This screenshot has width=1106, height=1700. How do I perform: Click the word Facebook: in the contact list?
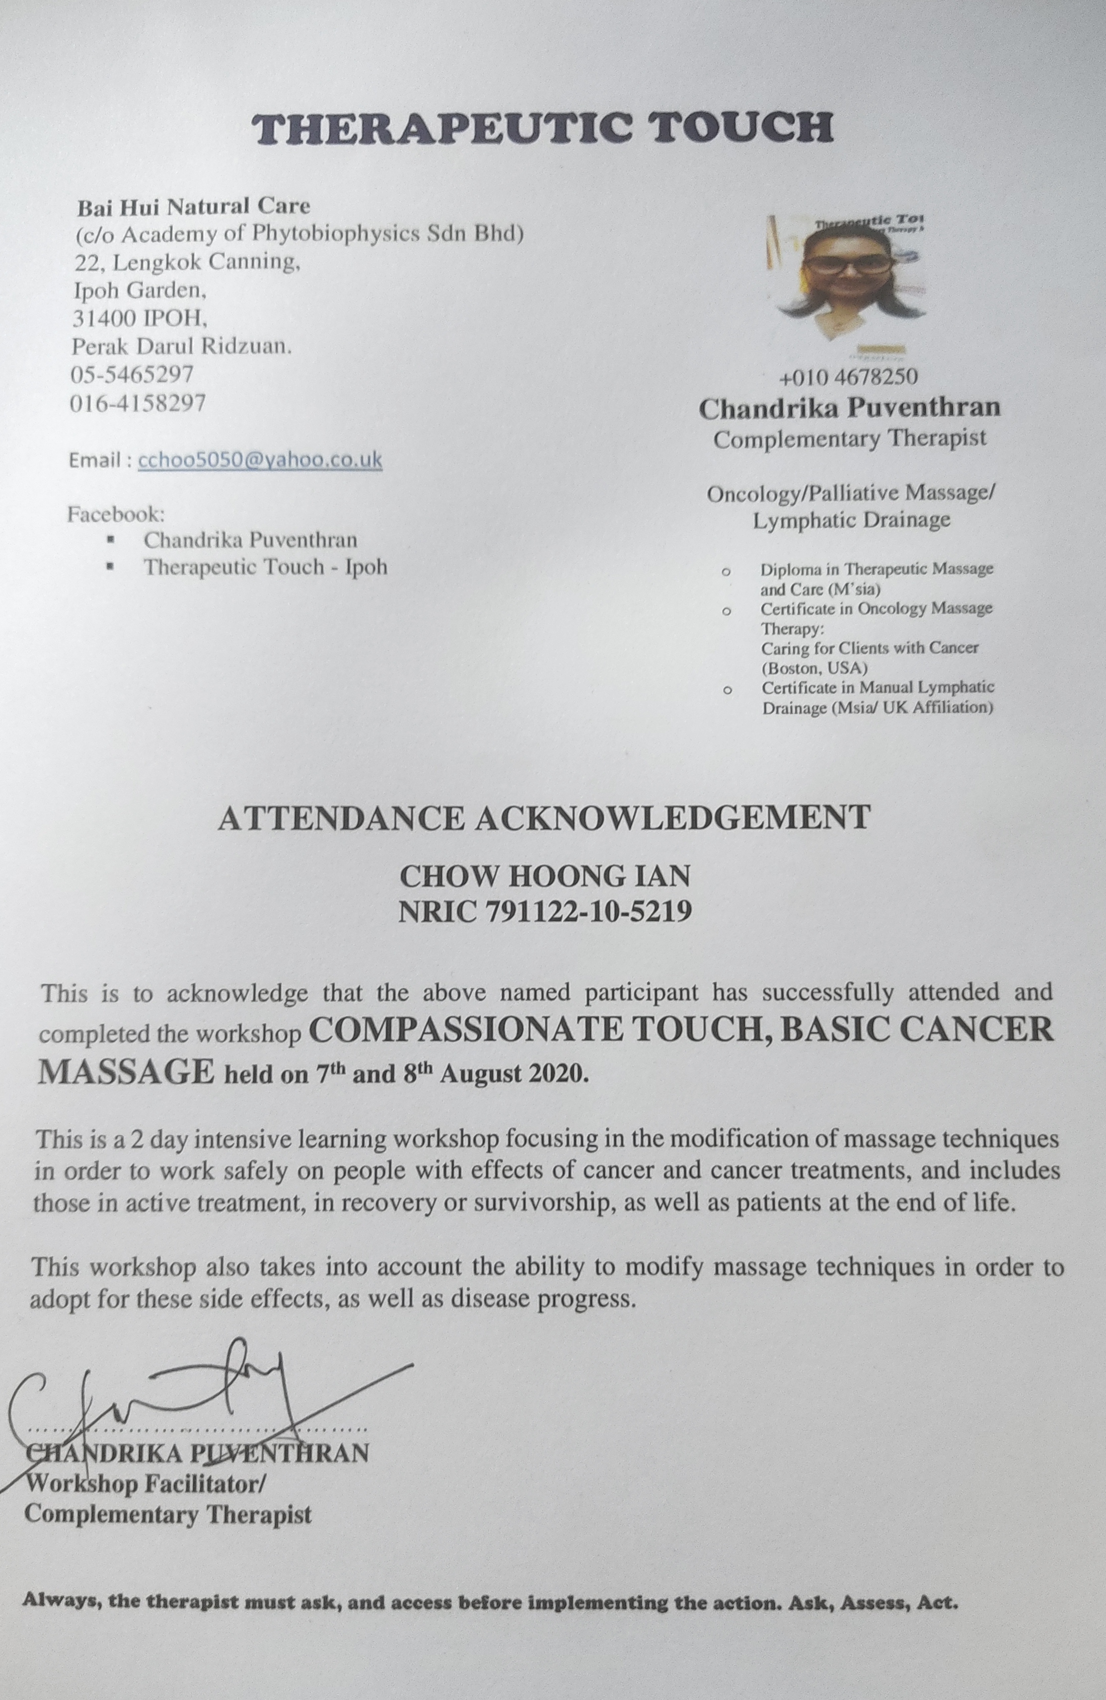point(116,515)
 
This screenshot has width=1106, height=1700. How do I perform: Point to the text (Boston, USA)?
point(814,668)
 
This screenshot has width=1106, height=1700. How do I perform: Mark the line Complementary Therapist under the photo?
point(850,439)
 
